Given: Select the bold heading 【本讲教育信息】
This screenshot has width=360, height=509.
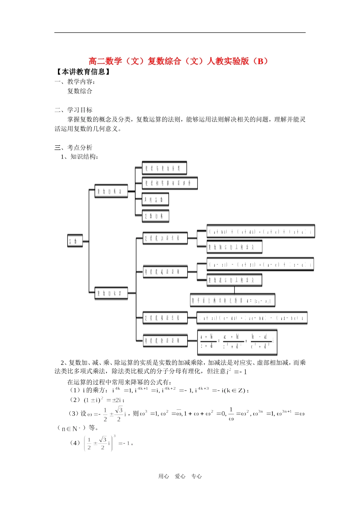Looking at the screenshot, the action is click(x=83, y=72).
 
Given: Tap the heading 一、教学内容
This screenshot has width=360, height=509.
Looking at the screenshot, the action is click(x=75, y=81).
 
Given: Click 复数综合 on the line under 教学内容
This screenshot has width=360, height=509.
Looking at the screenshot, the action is click(x=80, y=91).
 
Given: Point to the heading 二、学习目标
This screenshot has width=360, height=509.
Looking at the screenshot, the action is click(x=74, y=110).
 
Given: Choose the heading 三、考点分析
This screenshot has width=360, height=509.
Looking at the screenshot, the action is click(x=74, y=147).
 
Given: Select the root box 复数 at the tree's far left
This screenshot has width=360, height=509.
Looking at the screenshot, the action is click(x=75, y=241).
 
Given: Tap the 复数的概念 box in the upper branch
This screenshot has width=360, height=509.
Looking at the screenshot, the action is click(x=111, y=192).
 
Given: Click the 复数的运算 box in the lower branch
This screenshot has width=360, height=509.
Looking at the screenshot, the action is click(x=111, y=293).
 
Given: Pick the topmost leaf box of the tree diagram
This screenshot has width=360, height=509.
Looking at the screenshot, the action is click(x=164, y=168).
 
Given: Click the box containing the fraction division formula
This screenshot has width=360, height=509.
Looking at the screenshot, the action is click(x=237, y=341).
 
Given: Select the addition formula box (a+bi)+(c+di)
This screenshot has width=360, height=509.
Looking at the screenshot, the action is click(x=261, y=231).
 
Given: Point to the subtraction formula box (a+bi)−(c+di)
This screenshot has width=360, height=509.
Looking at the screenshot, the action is click(x=260, y=264).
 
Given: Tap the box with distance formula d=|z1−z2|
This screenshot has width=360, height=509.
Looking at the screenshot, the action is click(x=233, y=300).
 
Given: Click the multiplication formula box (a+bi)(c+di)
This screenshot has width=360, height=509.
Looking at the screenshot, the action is click(x=252, y=318).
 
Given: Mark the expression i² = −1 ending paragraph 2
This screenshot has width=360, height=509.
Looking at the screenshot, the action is click(x=236, y=372).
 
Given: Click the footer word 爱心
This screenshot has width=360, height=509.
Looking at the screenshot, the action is click(x=180, y=476).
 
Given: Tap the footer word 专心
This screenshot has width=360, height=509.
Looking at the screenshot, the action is click(x=196, y=476).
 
